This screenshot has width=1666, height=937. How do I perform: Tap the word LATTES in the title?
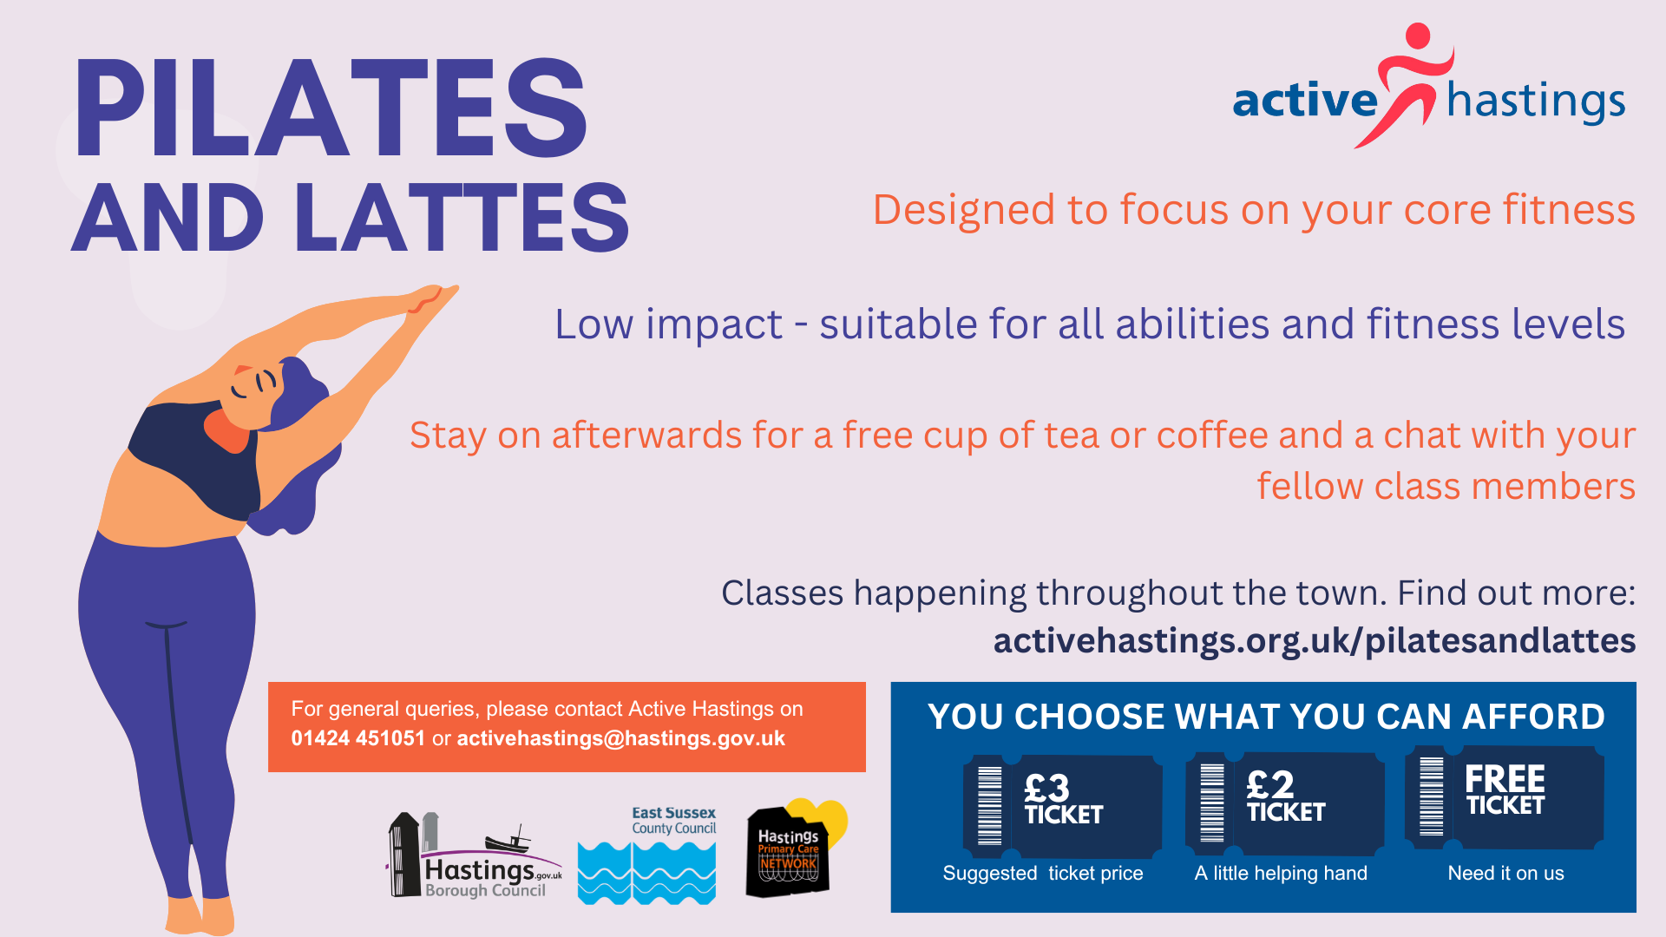pos(462,219)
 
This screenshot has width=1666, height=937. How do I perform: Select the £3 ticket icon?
pos(1063,804)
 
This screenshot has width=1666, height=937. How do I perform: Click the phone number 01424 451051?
pos(357,738)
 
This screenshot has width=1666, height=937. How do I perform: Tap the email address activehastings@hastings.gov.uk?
pos(620,738)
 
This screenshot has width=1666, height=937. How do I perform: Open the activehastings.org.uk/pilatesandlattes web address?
pos(1314,641)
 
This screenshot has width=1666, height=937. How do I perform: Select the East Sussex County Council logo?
pos(647,856)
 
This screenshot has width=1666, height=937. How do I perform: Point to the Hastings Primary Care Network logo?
pos(792,849)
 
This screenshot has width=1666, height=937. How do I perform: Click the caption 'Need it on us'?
pos(1505,874)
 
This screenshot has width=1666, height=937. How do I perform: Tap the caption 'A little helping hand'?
pos(1281,874)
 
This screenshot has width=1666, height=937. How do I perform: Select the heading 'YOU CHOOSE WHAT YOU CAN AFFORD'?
pos(1266,717)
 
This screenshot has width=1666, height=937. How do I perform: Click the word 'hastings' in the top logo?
pos(1536,102)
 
